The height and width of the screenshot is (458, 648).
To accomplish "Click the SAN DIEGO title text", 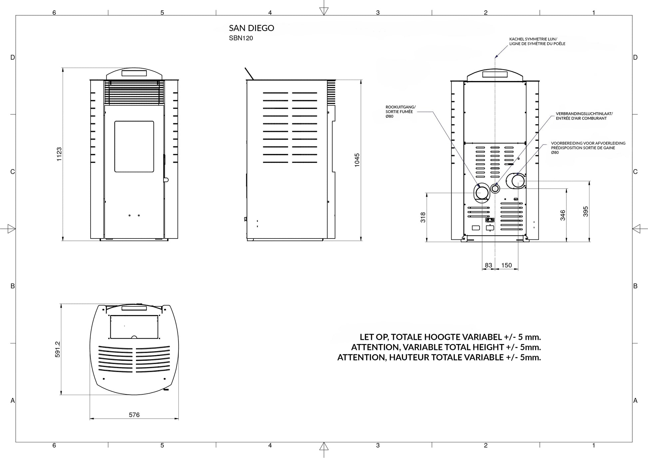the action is (251, 28).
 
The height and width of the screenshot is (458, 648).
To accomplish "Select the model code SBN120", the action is (241, 38).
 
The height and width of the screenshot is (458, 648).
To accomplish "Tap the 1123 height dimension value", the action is (59, 154).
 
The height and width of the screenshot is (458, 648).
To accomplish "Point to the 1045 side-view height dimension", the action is (357, 160).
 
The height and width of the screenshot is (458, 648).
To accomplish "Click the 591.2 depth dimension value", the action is (58, 349).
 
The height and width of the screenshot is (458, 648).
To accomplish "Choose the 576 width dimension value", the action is (134, 415).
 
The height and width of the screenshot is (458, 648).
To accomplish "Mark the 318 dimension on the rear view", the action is (423, 217).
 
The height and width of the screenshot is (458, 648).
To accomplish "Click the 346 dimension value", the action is (563, 215).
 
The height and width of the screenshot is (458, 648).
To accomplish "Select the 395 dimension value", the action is (585, 212).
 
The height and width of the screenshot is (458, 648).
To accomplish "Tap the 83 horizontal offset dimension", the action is (488, 265).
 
